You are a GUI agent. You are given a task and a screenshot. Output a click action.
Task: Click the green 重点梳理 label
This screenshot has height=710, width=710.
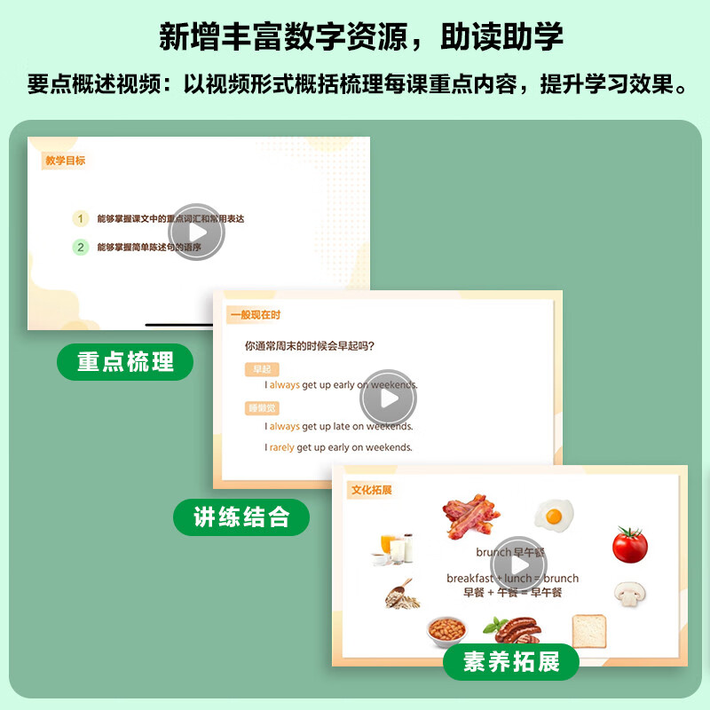pos(125,362)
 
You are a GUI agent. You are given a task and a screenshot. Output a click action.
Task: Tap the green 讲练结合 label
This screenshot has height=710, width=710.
pos(241,517)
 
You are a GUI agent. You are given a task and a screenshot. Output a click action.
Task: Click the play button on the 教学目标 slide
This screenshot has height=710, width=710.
pos(196,233)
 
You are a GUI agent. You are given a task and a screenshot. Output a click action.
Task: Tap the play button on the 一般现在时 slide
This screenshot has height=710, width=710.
pos(388,398)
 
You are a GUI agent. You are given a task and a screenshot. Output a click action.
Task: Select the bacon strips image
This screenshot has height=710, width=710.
pos(471,514)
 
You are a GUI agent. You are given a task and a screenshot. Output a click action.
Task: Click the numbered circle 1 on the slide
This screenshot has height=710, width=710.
pos(81,217)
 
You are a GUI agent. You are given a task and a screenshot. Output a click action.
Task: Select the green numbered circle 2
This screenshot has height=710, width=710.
pos(81,248)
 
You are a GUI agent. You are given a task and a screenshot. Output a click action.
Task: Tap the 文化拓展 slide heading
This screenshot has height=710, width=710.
pos(372,489)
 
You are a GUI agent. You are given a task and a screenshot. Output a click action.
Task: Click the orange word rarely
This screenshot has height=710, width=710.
pos(282,448)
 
